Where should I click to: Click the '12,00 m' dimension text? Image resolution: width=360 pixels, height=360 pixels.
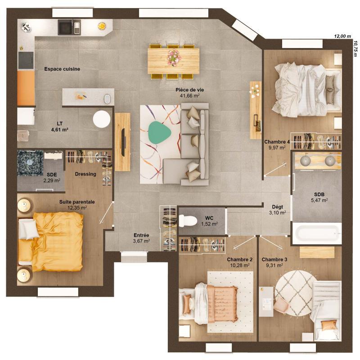342,36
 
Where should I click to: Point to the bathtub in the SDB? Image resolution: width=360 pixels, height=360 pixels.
316,234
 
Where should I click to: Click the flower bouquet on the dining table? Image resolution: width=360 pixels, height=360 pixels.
174,57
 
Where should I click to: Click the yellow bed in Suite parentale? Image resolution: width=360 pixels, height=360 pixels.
56,241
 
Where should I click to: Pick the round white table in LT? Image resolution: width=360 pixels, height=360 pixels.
102,119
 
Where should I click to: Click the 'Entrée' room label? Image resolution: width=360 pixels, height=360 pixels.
141,235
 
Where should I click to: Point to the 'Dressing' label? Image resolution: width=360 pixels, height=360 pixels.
85,174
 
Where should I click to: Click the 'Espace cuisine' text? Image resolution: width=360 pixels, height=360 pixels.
62,69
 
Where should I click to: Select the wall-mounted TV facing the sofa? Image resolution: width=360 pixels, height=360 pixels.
123,141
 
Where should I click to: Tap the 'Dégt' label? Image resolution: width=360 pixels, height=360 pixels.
277,207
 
